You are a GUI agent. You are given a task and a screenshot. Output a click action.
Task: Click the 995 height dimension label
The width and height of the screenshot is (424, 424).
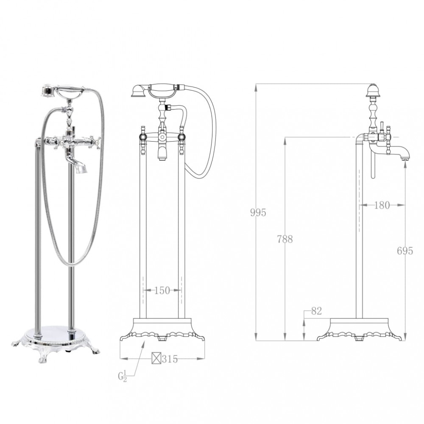258,212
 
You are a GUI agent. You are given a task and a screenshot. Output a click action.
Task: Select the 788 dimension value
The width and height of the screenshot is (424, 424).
285,239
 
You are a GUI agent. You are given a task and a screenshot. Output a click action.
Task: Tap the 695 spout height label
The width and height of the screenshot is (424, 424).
405,251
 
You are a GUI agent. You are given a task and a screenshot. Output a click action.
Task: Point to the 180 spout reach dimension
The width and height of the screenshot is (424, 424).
382,205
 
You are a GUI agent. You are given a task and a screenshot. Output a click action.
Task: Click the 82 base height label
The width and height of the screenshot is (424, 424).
316,311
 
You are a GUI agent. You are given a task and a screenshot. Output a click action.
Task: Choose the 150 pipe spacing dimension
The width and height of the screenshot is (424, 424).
162,290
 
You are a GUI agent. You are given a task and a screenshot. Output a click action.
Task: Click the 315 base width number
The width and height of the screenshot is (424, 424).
170,359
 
